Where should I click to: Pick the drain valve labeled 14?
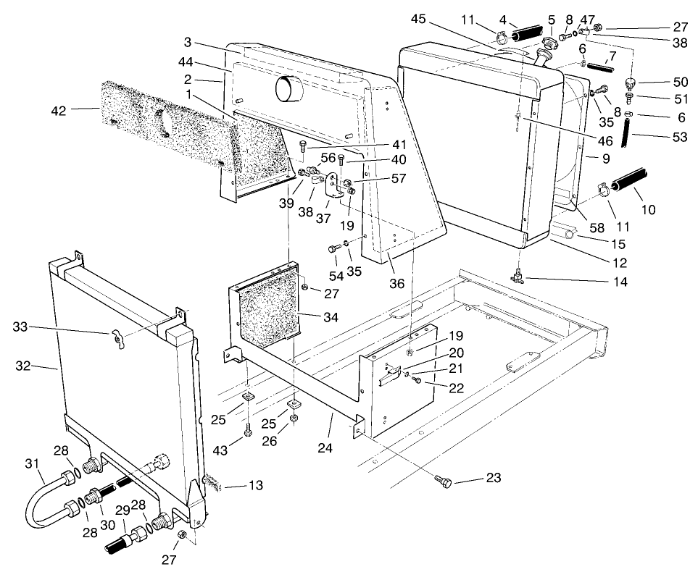tap(519, 274)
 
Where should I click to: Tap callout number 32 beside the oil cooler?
tap(24, 367)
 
